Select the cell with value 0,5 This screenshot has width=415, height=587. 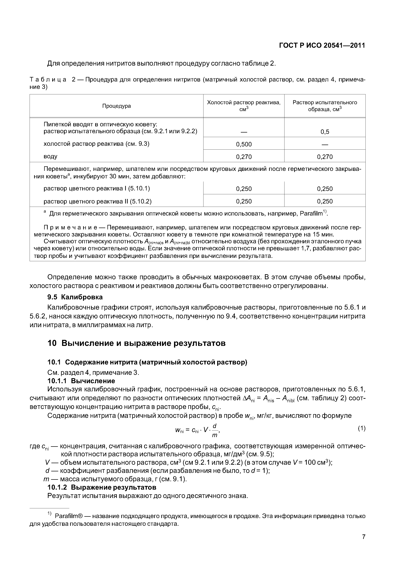325,132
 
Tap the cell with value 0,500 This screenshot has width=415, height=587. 244,144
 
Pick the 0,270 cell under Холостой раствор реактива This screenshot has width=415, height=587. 244,157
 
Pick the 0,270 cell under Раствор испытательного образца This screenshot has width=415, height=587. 325,157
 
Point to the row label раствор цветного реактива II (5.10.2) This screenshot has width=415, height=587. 98,201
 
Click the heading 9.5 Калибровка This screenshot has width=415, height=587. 75,297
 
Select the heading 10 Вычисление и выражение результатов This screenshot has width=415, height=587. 137,343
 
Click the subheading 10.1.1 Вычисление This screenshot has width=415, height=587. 81,381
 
